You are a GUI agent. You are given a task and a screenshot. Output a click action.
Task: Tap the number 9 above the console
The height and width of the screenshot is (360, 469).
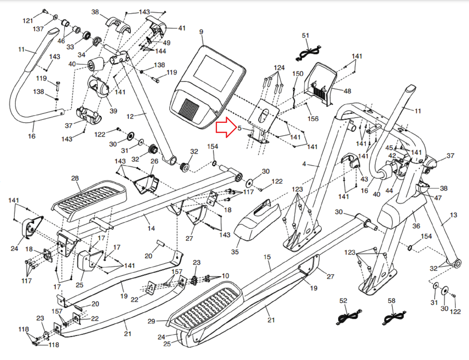tap(201, 32)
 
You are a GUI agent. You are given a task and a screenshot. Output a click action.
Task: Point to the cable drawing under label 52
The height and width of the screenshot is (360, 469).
tap(349, 316)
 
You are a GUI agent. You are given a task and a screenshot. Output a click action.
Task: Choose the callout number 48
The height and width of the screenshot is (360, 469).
tap(347, 91)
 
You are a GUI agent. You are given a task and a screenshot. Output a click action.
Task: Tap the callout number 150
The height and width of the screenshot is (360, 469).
tap(298, 74)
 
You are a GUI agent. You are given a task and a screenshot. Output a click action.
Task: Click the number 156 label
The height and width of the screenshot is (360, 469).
tap(313, 119)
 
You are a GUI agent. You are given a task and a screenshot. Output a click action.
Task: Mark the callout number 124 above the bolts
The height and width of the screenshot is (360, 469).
tap(279, 68)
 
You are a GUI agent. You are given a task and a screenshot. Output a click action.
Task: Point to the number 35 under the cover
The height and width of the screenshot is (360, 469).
tap(235, 252)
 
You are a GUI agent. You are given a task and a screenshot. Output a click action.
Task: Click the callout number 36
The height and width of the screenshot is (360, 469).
tap(416, 226)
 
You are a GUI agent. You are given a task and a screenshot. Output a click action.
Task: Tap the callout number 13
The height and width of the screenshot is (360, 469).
tap(453, 215)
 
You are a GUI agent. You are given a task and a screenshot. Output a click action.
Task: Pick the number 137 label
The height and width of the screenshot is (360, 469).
tap(38, 29)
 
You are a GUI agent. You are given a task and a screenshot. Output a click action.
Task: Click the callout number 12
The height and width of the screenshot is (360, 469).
tap(130, 116)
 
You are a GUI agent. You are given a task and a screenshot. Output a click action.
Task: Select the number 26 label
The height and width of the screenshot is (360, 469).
tap(154, 161)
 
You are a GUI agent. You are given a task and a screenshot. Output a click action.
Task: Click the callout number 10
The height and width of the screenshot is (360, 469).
tap(225, 276)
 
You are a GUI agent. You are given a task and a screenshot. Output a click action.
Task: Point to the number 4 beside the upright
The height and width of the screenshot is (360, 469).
tap(304, 164)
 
